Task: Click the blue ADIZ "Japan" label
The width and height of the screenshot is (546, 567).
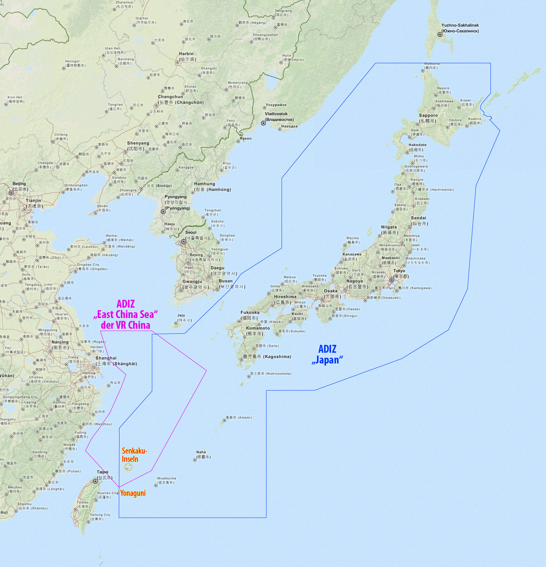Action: [327, 355]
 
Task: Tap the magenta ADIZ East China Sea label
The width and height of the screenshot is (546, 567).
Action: [126, 314]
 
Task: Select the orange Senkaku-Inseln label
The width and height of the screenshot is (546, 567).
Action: [134, 455]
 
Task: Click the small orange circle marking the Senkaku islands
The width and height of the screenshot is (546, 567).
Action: [128, 467]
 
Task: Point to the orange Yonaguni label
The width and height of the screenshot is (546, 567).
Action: [133, 493]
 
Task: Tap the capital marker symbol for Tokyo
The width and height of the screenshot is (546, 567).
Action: [392, 280]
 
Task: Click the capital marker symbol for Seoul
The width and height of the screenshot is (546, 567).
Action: [184, 242]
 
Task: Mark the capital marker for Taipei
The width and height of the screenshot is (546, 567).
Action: [95, 481]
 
